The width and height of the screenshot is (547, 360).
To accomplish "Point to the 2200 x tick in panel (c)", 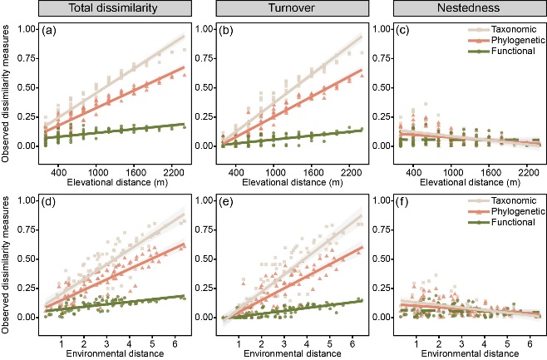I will [529, 163].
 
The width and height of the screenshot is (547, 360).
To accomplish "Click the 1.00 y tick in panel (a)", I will [28, 29].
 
